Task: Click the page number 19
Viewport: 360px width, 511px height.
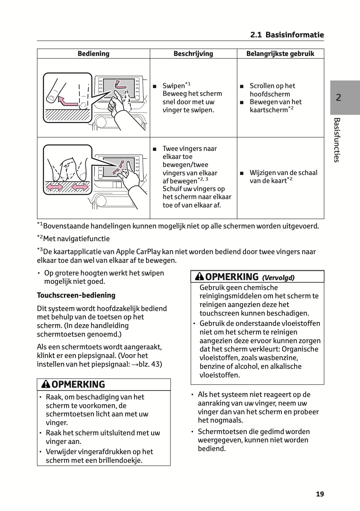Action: point(320,494)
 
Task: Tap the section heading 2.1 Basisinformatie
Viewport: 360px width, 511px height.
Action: point(287,35)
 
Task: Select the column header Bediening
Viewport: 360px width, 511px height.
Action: point(93,54)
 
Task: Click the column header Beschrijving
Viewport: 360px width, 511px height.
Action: point(193,54)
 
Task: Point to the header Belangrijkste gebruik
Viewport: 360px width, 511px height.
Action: point(280,54)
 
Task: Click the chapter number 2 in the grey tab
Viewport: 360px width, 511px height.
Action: point(338,98)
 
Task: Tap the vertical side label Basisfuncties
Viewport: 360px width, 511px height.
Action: point(337,140)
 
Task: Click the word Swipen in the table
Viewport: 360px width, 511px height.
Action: point(174,86)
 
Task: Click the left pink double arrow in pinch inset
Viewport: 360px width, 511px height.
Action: point(55,187)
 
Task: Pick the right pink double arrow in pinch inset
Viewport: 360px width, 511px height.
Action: point(79,187)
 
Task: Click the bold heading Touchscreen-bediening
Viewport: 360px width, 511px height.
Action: point(76,295)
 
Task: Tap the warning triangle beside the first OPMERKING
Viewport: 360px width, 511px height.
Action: point(46,384)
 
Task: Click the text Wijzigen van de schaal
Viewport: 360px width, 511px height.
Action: point(283,173)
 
